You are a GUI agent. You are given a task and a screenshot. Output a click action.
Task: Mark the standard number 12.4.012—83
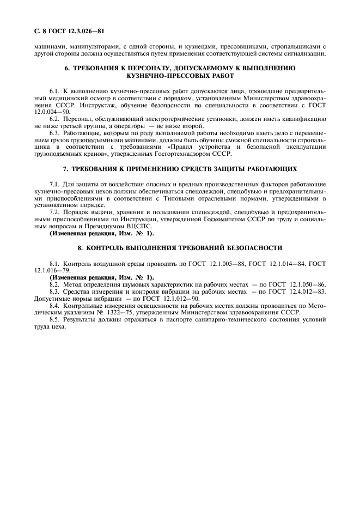click(302, 292)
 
